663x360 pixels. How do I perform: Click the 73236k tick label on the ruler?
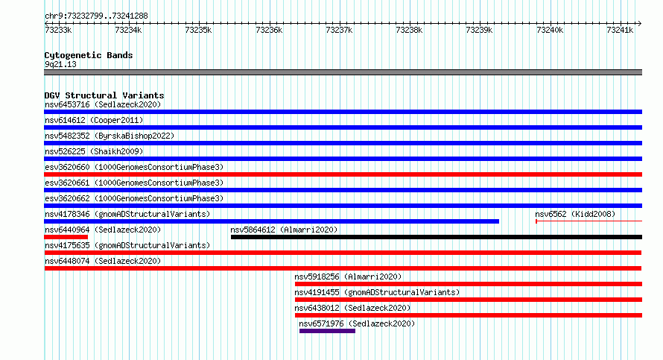(x=269, y=30)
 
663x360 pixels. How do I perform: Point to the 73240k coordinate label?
(x=550, y=30)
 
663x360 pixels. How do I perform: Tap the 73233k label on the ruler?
(x=58, y=30)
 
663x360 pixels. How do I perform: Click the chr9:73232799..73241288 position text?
(x=96, y=16)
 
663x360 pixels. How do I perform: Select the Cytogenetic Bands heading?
(x=89, y=55)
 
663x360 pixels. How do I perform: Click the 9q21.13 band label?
(x=60, y=64)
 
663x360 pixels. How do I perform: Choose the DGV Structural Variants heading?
(x=104, y=95)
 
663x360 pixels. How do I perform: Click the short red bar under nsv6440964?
(x=66, y=237)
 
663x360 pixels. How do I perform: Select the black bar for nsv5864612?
(x=437, y=237)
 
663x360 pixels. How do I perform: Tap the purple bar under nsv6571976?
(x=327, y=331)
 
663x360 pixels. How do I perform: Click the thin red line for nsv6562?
(x=589, y=221)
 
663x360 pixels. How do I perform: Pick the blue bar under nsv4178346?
(x=271, y=221)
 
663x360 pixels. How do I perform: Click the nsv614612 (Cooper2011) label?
(x=94, y=120)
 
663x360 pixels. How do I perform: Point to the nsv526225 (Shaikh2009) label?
(x=94, y=151)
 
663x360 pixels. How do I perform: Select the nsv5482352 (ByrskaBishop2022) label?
(x=110, y=136)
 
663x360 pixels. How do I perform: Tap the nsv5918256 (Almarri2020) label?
(x=348, y=277)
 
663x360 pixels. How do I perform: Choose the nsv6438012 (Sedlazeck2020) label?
(x=352, y=308)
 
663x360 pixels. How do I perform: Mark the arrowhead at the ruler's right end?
(x=640, y=23)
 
